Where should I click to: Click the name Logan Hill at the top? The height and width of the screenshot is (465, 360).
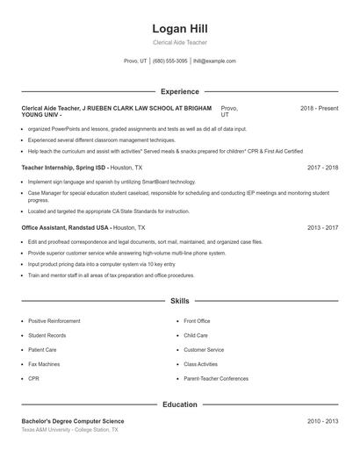(179, 29)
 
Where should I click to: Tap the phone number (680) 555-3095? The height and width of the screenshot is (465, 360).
(170, 61)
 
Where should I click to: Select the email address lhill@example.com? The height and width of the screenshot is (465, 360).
(214, 61)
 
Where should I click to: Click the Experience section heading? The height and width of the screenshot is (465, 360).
(179, 91)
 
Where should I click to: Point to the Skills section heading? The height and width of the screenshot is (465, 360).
(179, 301)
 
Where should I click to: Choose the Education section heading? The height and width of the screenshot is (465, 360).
(179, 404)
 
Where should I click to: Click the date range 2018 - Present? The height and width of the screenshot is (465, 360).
(319, 108)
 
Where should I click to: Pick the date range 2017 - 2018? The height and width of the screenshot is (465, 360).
(322, 167)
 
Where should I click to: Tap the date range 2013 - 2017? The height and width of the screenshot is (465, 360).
(322, 227)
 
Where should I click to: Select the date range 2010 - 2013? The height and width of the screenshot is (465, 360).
(322, 421)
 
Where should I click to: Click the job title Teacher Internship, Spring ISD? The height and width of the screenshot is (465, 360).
(63, 167)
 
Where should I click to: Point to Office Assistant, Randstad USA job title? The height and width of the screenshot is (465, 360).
(66, 227)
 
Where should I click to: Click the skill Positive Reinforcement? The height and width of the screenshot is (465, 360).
(54, 321)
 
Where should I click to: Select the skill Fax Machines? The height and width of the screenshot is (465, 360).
(44, 363)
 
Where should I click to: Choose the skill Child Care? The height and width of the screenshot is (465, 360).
(196, 335)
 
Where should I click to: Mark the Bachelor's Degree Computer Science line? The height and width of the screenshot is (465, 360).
(73, 421)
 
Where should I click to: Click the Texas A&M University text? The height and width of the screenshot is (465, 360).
(53, 430)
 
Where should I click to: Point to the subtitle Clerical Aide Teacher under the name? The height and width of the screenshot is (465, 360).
(179, 42)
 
